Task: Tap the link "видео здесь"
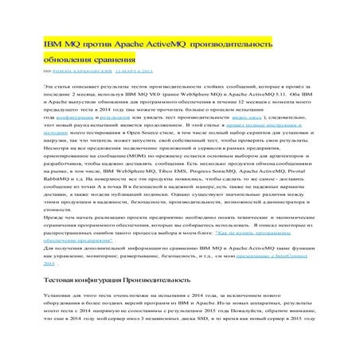[x=277, y=116]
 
